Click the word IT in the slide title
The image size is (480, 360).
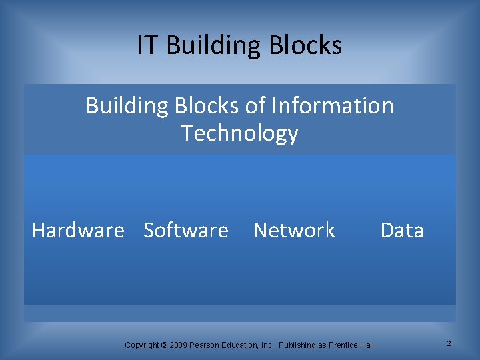point(148,45)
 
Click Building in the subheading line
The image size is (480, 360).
point(127,106)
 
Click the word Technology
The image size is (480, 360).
point(239,133)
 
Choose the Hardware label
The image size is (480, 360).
point(78,231)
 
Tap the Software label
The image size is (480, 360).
point(186,231)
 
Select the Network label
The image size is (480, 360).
point(294,231)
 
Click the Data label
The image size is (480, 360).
point(402,231)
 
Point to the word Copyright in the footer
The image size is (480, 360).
point(142,345)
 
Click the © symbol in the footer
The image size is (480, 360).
point(165,345)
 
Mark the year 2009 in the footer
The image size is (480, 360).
point(178,345)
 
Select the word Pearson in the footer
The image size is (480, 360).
point(205,345)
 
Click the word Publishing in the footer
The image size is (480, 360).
point(298,345)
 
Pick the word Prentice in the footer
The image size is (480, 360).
point(344,345)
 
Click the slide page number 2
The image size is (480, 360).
point(449,343)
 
